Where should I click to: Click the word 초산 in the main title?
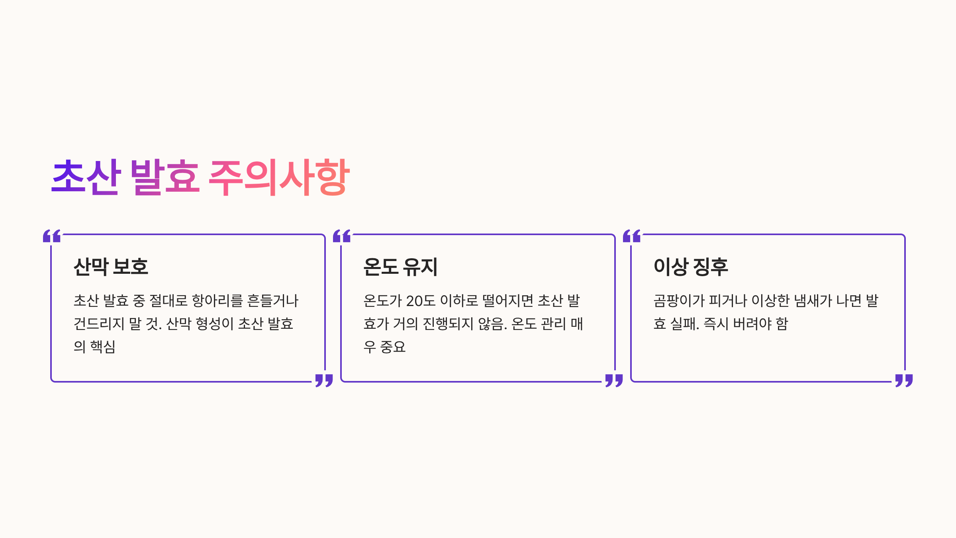(86, 177)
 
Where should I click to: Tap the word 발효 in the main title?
(165, 177)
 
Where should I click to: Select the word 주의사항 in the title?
(279, 177)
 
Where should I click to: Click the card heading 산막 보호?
(111, 267)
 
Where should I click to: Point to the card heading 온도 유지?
(400, 267)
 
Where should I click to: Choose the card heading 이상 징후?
(691, 267)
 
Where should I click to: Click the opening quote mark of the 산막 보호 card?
(52, 236)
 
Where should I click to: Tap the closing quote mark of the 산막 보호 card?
(324, 380)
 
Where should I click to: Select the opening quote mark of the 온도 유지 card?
(342, 236)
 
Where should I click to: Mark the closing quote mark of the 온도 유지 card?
(614, 380)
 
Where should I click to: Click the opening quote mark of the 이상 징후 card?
(632, 236)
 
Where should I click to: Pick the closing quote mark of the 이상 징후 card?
(904, 380)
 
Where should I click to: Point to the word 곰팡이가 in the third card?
(679, 301)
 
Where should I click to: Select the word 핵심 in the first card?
(103, 347)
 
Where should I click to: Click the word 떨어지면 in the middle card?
(507, 301)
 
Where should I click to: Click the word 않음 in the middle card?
(492, 324)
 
